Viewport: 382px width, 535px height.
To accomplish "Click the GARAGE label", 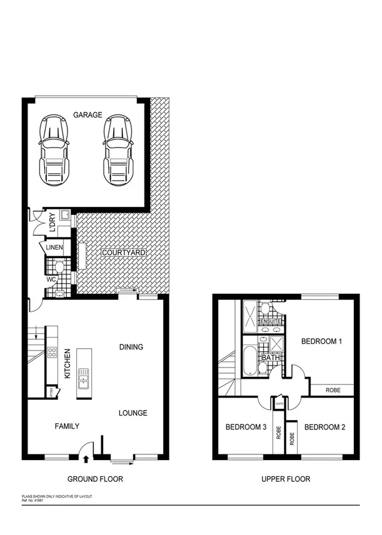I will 88,115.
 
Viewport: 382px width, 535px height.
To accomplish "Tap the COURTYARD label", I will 124,252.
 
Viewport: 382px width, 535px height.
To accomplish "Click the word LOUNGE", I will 133,412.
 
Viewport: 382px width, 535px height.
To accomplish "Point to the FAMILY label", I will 67,426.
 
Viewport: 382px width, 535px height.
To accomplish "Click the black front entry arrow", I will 86,461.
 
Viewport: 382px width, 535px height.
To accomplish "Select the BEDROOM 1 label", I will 322,341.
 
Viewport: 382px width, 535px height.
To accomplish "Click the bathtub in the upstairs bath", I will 250,361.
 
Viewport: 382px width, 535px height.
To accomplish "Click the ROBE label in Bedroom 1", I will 333,391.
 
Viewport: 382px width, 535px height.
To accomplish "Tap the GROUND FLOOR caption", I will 95,479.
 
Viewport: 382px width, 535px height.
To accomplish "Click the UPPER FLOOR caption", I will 285,479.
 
